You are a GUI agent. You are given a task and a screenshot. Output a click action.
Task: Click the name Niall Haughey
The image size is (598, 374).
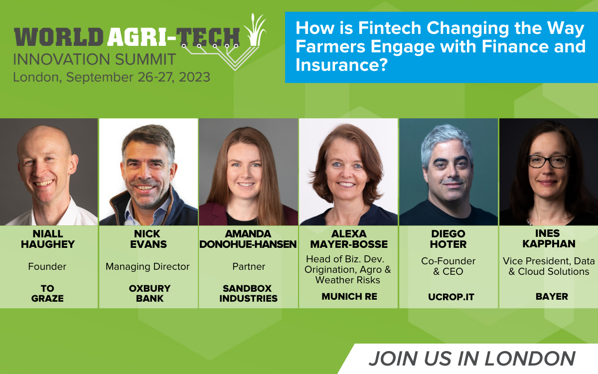click(x=48, y=239)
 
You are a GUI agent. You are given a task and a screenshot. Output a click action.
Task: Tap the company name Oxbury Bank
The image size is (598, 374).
click(x=149, y=293)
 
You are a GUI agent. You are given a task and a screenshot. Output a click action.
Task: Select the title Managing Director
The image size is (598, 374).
click(x=148, y=267)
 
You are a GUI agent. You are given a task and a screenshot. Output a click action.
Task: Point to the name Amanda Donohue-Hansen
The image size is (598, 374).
click(x=248, y=239)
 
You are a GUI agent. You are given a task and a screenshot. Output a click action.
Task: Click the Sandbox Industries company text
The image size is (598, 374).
click(x=248, y=293)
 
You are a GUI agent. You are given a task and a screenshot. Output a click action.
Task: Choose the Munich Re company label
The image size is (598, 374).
click(x=349, y=297)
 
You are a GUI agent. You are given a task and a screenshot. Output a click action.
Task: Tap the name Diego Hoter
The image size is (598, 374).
click(x=448, y=239)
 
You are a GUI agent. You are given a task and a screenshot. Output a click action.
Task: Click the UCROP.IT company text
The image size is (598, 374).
click(x=451, y=297)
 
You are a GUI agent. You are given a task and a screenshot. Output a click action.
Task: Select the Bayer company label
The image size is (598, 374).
click(x=552, y=297)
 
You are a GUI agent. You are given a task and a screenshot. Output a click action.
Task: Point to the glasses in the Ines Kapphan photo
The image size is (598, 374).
click(x=548, y=162)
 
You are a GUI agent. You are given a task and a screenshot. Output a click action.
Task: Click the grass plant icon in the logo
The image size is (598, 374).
click(x=255, y=30)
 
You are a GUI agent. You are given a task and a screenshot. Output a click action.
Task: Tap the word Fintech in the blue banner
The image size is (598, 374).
click(x=390, y=28)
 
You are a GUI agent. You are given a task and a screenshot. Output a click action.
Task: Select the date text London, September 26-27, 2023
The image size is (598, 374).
click(x=112, y=77)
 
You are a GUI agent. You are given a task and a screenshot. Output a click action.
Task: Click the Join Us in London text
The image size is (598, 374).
click(x=472, y=359)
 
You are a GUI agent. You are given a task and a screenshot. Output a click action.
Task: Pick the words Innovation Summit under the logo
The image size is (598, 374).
click(x=95, y=59)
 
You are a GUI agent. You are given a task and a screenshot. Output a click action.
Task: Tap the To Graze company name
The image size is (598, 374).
click(x=47, y=293)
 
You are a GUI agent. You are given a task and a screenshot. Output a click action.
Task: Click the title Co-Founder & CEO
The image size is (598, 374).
click(x=448, y=266)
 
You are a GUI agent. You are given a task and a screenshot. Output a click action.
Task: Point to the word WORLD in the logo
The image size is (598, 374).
click(x=58, y=36)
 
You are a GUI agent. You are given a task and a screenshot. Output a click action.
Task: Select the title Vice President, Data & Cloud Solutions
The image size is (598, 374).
click(x=549, y=266)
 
